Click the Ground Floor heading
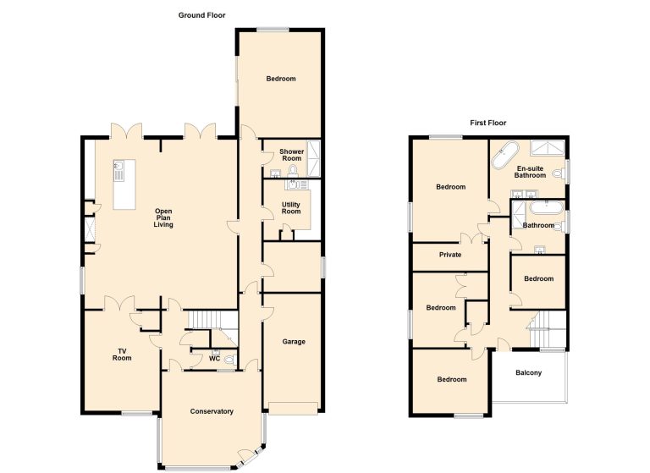202,15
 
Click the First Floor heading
487,123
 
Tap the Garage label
294,342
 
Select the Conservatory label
212,411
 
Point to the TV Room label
122,355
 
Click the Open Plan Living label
163,217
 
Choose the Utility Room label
291,208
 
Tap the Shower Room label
292,155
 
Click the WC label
214,359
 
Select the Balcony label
528,372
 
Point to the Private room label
450,255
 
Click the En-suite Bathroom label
530,172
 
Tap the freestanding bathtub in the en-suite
505,155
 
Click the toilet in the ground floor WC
230,359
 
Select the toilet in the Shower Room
293,170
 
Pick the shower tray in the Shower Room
313,158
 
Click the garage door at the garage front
293,408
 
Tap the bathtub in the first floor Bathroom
548,207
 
